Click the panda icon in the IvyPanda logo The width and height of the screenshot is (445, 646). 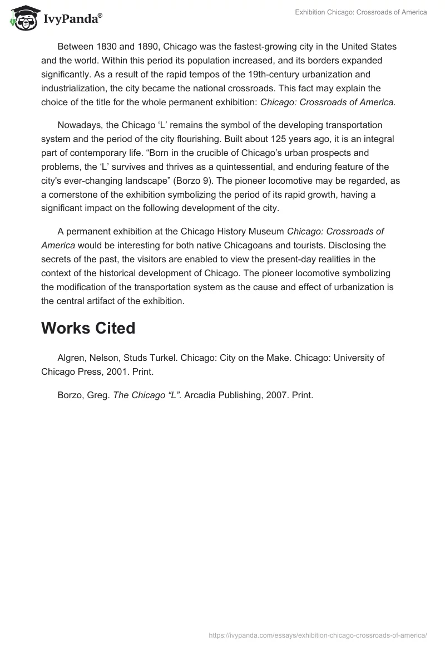(x=21, y=18)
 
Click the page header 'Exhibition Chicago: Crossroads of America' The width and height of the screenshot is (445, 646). (x=360, y=12)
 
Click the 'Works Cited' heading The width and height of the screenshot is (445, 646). (x=88, y=329)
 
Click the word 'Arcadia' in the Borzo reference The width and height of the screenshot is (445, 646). (x=201, y=395)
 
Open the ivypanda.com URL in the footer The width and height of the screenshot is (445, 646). (x=317, y=635)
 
